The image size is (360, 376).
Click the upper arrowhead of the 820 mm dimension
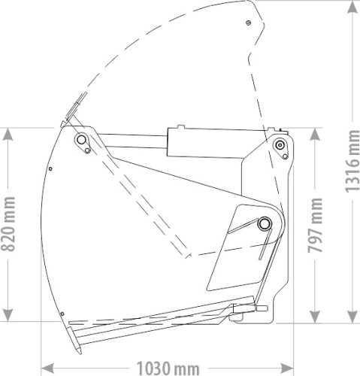coord(8,133)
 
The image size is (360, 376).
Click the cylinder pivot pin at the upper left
coord(80,141)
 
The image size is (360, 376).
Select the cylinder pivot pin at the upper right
coord(280,144)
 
